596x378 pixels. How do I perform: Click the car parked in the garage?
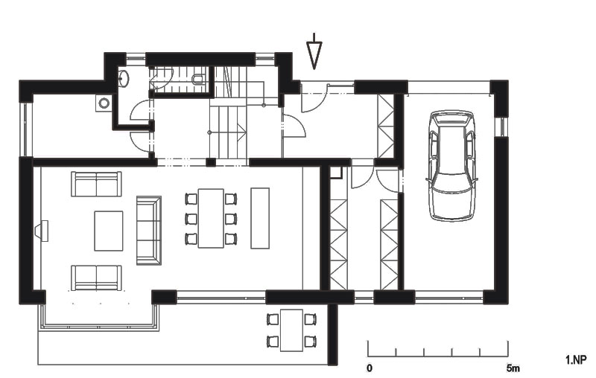452,165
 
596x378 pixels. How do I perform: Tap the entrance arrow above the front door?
314,51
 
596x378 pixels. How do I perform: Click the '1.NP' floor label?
576,360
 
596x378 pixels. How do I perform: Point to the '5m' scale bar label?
513,368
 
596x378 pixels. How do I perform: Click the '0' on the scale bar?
370,368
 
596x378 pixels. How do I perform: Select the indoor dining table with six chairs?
211,218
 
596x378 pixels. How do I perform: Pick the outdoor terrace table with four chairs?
291,330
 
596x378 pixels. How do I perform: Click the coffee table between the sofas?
109,231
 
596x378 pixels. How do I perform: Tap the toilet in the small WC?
198,79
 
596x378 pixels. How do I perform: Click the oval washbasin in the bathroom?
124,78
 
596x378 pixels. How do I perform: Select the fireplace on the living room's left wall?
42,231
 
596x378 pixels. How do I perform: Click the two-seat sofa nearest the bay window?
96,278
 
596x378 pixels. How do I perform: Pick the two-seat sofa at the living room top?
96,184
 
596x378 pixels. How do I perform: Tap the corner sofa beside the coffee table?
148,231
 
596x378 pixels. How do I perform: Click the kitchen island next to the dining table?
260,218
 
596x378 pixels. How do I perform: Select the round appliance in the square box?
104,103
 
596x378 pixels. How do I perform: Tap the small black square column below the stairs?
211,162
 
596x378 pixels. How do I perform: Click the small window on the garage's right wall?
501,126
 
